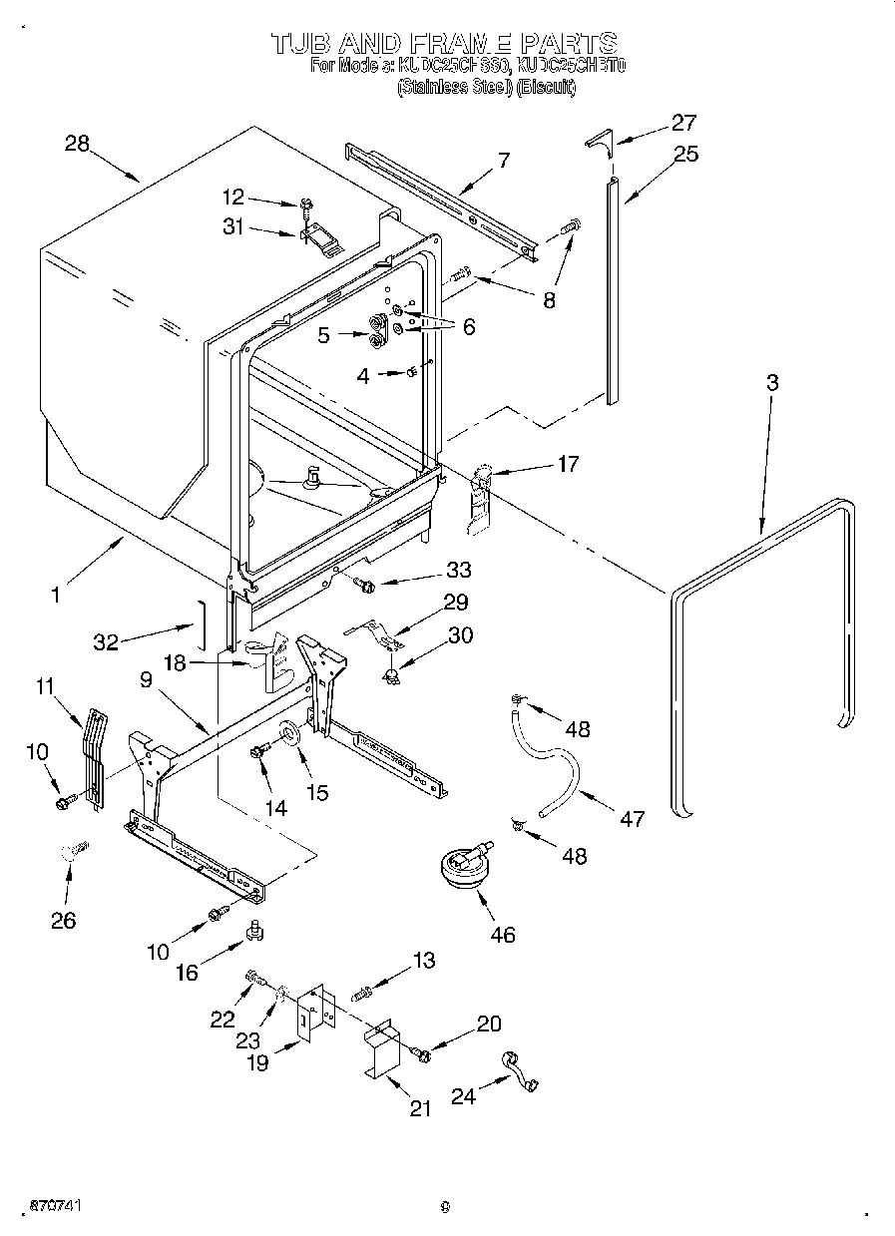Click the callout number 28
pos(77,144)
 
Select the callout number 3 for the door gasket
pos(772,383)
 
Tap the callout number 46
pos(503,935)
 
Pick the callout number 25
pos(685,154)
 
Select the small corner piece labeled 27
pos(598,140)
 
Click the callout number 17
pos(567,463)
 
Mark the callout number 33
pos(458,570)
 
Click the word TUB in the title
pos(299,43)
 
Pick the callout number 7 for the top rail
pos(504,159)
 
